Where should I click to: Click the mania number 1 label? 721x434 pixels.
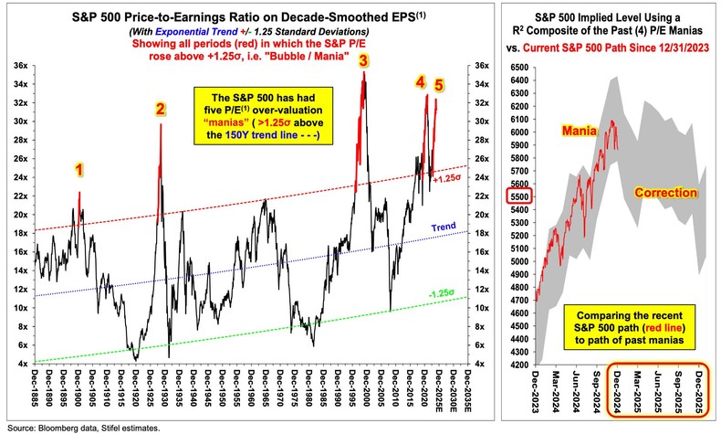(78, 169)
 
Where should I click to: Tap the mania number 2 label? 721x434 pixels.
(160, 110)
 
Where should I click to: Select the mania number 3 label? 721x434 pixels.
(363, 61)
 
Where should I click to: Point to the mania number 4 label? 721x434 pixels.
(421, 82)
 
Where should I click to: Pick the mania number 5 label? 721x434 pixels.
(439, 85)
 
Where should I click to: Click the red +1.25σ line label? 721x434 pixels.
(447, 179)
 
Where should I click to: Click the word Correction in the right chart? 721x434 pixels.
(665, 195)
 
